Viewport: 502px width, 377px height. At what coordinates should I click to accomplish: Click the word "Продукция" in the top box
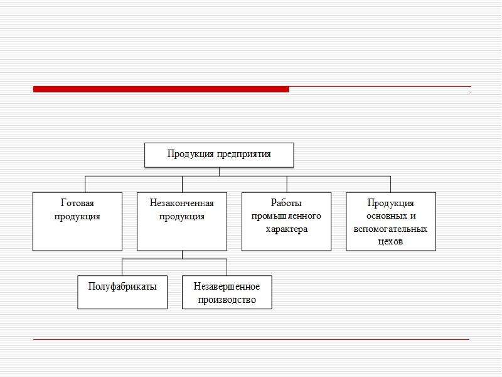[x=191, y=154]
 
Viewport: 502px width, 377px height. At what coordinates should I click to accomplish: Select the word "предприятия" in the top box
[x=244, y=155]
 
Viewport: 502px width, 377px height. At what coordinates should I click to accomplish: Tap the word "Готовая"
[x=77, y=203]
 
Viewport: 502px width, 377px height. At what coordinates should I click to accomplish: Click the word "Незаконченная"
[x=182, y=203]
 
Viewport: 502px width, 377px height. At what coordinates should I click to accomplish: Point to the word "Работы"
[x=286, y=203]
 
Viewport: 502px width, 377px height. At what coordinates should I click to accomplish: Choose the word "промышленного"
[x=286, y=216]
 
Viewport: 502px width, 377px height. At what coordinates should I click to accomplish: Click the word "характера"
[x=287, y=229]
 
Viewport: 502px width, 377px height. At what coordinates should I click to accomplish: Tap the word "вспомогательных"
[x=390, y=229]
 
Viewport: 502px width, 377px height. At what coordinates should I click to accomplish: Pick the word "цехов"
[x=390, y=241]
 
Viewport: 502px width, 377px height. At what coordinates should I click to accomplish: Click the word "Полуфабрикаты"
[x=122, y=287]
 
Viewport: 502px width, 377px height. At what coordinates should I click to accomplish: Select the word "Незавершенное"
[x=227, y=287]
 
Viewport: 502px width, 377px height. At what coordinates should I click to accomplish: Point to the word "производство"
[x=227, y=300]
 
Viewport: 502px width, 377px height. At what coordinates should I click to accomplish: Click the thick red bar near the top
[x=161, y=89]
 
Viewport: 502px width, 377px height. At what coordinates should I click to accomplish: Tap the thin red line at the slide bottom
[x=252, y=339]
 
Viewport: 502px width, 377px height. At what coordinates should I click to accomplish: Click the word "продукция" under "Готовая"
[x=77, y=216]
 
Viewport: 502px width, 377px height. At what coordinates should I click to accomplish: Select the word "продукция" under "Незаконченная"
[x=182, y=216]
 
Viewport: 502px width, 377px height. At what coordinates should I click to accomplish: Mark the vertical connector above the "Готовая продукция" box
[x=85, y=184]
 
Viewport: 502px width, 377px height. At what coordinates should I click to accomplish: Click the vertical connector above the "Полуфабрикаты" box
[x=122, y=267]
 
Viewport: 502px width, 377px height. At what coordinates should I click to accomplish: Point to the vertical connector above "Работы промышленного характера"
[x=287, y=184]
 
